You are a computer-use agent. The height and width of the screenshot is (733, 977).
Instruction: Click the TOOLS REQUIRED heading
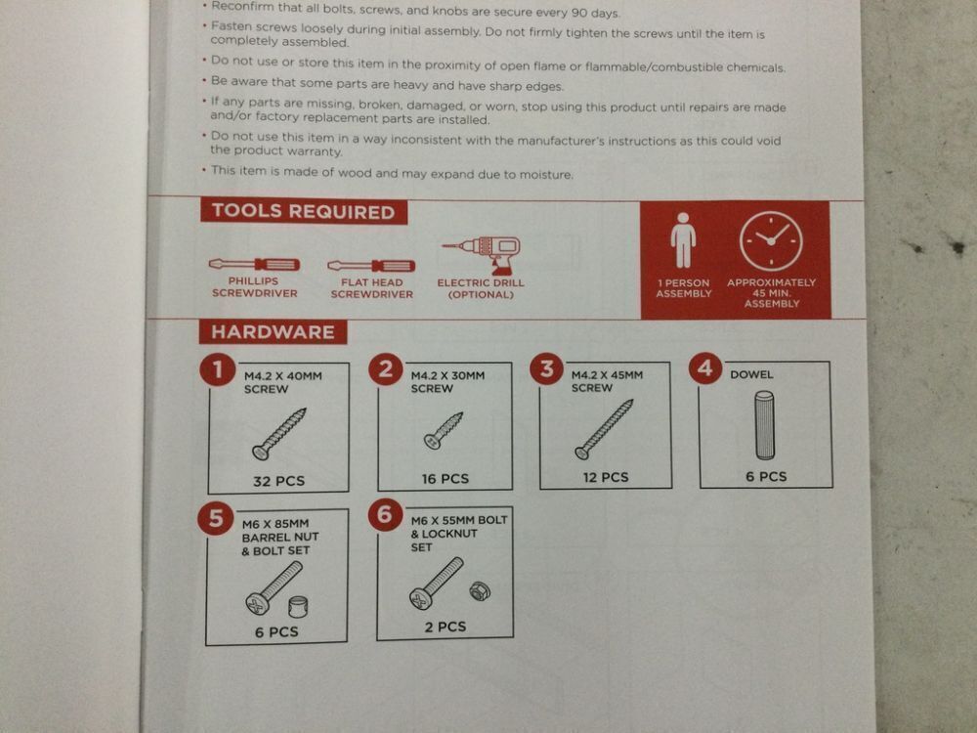tap(304, 211)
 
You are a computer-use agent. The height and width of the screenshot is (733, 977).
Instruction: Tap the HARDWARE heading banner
tap(273, 331)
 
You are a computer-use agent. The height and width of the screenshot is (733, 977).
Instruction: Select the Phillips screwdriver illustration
tap(254, 264)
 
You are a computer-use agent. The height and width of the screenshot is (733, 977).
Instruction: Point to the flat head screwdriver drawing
tap(371, 266)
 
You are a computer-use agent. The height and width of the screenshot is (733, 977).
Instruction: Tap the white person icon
tap(683, 240)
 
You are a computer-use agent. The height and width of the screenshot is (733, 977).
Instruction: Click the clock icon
tap(771, 241)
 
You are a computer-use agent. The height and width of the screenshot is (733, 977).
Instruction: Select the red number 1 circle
tap(217, 369)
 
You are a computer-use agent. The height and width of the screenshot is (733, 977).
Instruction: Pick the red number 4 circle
tap(705, 367)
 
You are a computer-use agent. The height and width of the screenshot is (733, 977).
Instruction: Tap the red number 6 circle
tap(385, 515)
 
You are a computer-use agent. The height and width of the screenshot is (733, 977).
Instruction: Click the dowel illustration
tap(765, 425)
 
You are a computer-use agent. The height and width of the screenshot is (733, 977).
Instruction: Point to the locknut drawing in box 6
tap(480, 590)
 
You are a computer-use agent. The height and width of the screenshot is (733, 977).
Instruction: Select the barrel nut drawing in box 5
tap(298, 607)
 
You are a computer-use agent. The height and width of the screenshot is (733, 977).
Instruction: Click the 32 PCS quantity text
tap(278, 481)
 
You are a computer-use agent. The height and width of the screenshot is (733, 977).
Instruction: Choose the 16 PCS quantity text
tap(445, 479)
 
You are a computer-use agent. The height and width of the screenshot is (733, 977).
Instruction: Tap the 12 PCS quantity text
tap(606, 478)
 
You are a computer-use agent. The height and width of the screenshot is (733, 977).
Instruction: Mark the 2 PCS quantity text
tap(446, 627)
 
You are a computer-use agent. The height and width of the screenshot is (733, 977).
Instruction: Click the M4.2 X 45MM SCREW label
tap(607, 381)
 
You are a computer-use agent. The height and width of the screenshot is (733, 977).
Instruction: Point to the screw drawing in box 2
tap(443, 430)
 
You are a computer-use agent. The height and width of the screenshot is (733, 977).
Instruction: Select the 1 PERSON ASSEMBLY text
tap(684, 288)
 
